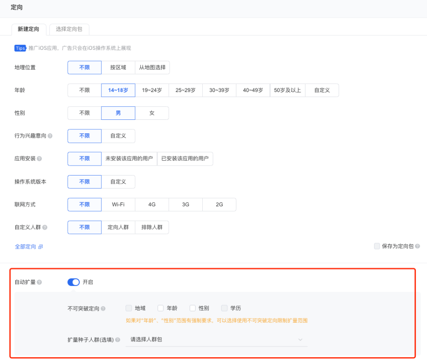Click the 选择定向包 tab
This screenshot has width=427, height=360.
pyautogui.click(x=69, y=29)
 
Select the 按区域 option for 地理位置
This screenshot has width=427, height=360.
pyautogui.click(x=118, y=67)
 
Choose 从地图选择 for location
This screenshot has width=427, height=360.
pyautogui.click(x=152, y=67)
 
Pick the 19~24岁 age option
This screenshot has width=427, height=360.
pyautogui.click(x=152, y=90)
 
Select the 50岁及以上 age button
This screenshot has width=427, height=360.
pyautogui.click(x=288, y=90)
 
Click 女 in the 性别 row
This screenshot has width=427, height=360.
pyautogui.click(x=152, y=113)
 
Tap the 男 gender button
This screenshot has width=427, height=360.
pyautogui.click(x=118, y=113)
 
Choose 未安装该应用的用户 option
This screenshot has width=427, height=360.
pyautogui.click(x=129, y=158)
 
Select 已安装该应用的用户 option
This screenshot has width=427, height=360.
pyautogui.click(x=185, y=158)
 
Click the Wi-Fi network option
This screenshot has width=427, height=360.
pyautogui.click(x=118, y=204)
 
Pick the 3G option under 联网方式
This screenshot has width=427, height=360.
pyautogui.click(x=186, y=204)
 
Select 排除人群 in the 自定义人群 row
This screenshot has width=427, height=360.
pyautogui.click(x=152, y=227)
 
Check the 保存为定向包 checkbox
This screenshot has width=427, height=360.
pyautogui.click(x=377, y=246)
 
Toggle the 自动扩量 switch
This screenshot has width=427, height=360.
pyautogui.click(x=74, y=282)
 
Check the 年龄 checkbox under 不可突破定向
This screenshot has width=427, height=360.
pyautogui.click(x=161, y=308)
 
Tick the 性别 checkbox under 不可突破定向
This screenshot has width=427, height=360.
pyautogui.click(x=193, y=308)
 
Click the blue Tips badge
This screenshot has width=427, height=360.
pyautogui.click(x=20, y=48)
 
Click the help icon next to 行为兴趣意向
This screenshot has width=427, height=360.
pyautogui.click(x=50, y=136)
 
